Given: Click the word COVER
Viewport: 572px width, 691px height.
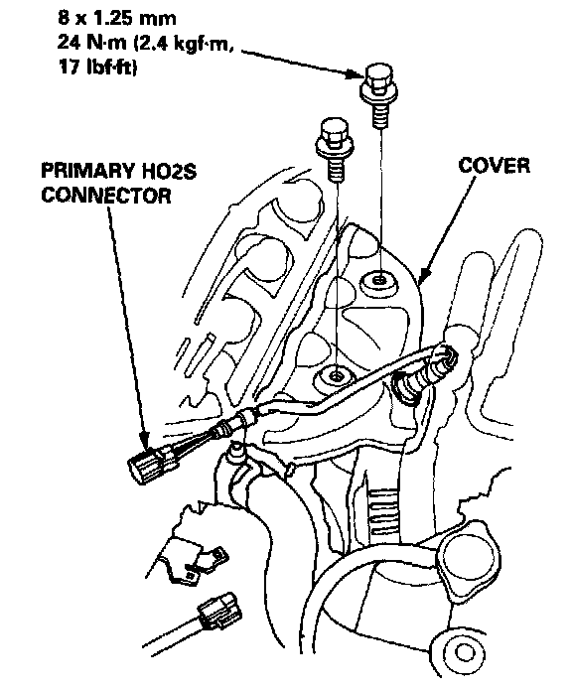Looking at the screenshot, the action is pyautogui.click(x=494, y=166).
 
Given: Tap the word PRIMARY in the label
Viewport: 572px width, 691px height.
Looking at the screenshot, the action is pyautogui.click(x=78, y=171).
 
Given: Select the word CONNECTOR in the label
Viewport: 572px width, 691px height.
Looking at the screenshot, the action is pyautogui.click(x=106, y=196).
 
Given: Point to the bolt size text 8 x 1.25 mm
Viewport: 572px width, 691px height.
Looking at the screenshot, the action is pyautogui.click(x=117, y=19).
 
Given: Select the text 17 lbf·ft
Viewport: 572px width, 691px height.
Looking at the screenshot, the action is pyautogui.click(x=97, y=68).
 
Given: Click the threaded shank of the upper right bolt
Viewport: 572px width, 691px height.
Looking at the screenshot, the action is pyautogui.click(x=380, y=115).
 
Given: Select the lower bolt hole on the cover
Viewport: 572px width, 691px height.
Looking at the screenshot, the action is pyautogui.click(x=337, y=375).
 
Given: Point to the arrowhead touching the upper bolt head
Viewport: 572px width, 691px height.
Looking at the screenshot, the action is pyautogui.click(x=358, y=73).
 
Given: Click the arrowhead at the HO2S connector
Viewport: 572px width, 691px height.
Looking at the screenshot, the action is pyautogui.click(x=144, y=441).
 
